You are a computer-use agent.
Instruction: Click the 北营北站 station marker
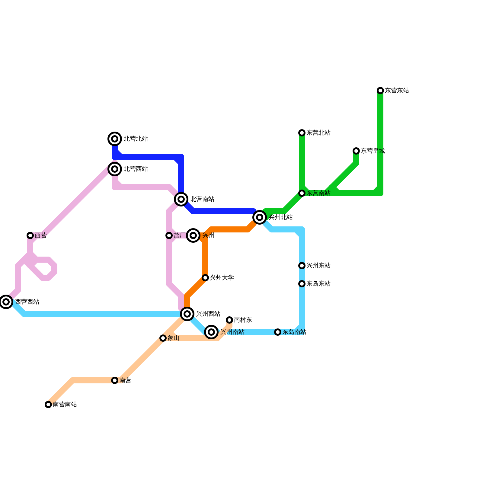(115, 139)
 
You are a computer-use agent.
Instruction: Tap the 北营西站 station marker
(115, 169)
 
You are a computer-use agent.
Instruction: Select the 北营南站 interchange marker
(181, 199)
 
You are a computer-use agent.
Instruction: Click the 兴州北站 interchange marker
(260, 217)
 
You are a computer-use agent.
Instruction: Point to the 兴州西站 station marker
(187, 314)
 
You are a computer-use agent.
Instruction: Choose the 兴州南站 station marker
(211, 332)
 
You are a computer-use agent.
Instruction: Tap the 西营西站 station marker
(6, 302)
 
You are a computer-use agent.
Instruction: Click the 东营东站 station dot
(380, 91)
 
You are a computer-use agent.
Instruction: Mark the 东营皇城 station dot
(356, 151)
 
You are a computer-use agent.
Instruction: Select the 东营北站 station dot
(302, 133)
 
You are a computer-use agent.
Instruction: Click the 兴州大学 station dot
(205, 278)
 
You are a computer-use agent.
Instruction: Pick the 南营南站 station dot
(48, 405)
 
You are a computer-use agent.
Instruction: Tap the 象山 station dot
(163, 338)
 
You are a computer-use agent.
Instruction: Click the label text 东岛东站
(318, 284)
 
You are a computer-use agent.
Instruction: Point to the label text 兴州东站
(318, 266)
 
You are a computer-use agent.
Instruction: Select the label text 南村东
(243, 320)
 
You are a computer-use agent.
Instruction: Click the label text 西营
(41, 235)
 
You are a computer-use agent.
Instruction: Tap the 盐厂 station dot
(169, 235)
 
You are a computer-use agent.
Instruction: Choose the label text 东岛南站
(294, 332)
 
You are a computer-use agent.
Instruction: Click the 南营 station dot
(115, 380)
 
